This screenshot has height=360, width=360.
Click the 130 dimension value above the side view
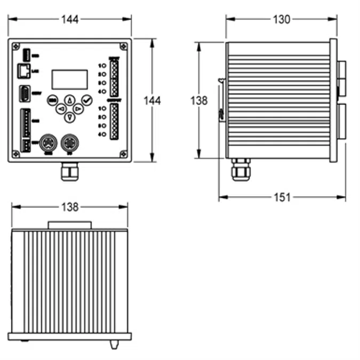coord(281,20)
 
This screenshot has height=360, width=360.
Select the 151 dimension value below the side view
coord(282,197)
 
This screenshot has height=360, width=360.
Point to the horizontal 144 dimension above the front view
coord(69,20)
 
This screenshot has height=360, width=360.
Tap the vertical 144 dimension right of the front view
coord(153,100)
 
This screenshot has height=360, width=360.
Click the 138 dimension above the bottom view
coord(69,206)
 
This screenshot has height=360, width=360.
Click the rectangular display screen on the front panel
coord(69,79)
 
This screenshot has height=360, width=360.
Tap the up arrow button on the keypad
coord(69,100)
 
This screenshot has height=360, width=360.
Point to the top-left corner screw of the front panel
coord(16,46)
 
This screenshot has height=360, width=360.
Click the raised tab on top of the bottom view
coord(69,225)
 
